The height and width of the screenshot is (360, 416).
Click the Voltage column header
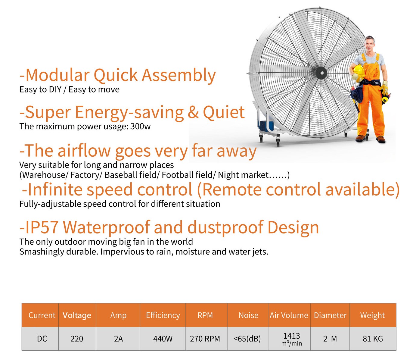(77, 315)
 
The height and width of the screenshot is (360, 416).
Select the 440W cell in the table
(163, 339)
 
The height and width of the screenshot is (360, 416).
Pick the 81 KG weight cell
(373, 339)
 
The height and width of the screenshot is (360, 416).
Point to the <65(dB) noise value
(247, 339)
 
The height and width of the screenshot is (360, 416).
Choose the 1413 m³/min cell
(291, 339)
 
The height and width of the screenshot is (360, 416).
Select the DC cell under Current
(42, 339)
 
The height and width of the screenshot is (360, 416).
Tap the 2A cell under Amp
(118, 339)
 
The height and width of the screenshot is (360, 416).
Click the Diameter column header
(330, 315)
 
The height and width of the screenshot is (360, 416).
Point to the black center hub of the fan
(321, 73)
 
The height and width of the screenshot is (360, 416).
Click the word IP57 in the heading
(42, 227)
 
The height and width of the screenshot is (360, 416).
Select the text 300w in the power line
(141, 126)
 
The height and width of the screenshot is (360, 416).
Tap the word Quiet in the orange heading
(224, 112)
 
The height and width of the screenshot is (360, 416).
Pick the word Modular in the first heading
(57, 75)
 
